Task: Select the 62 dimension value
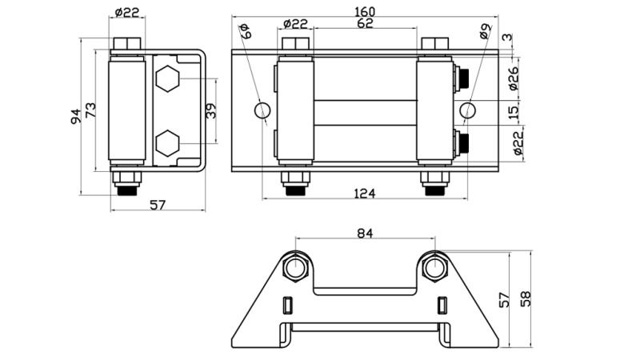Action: pos(365,24)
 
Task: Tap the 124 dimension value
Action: pos(365,194)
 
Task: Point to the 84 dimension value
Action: pos(365,233)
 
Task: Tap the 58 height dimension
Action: pos(526,299)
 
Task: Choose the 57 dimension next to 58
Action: pos(505,299)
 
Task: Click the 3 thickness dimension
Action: pos(506,38)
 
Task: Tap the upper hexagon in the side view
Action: pos(167,79)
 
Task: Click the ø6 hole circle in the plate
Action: pos(262,110)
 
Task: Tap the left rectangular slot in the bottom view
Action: pos(289,305)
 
